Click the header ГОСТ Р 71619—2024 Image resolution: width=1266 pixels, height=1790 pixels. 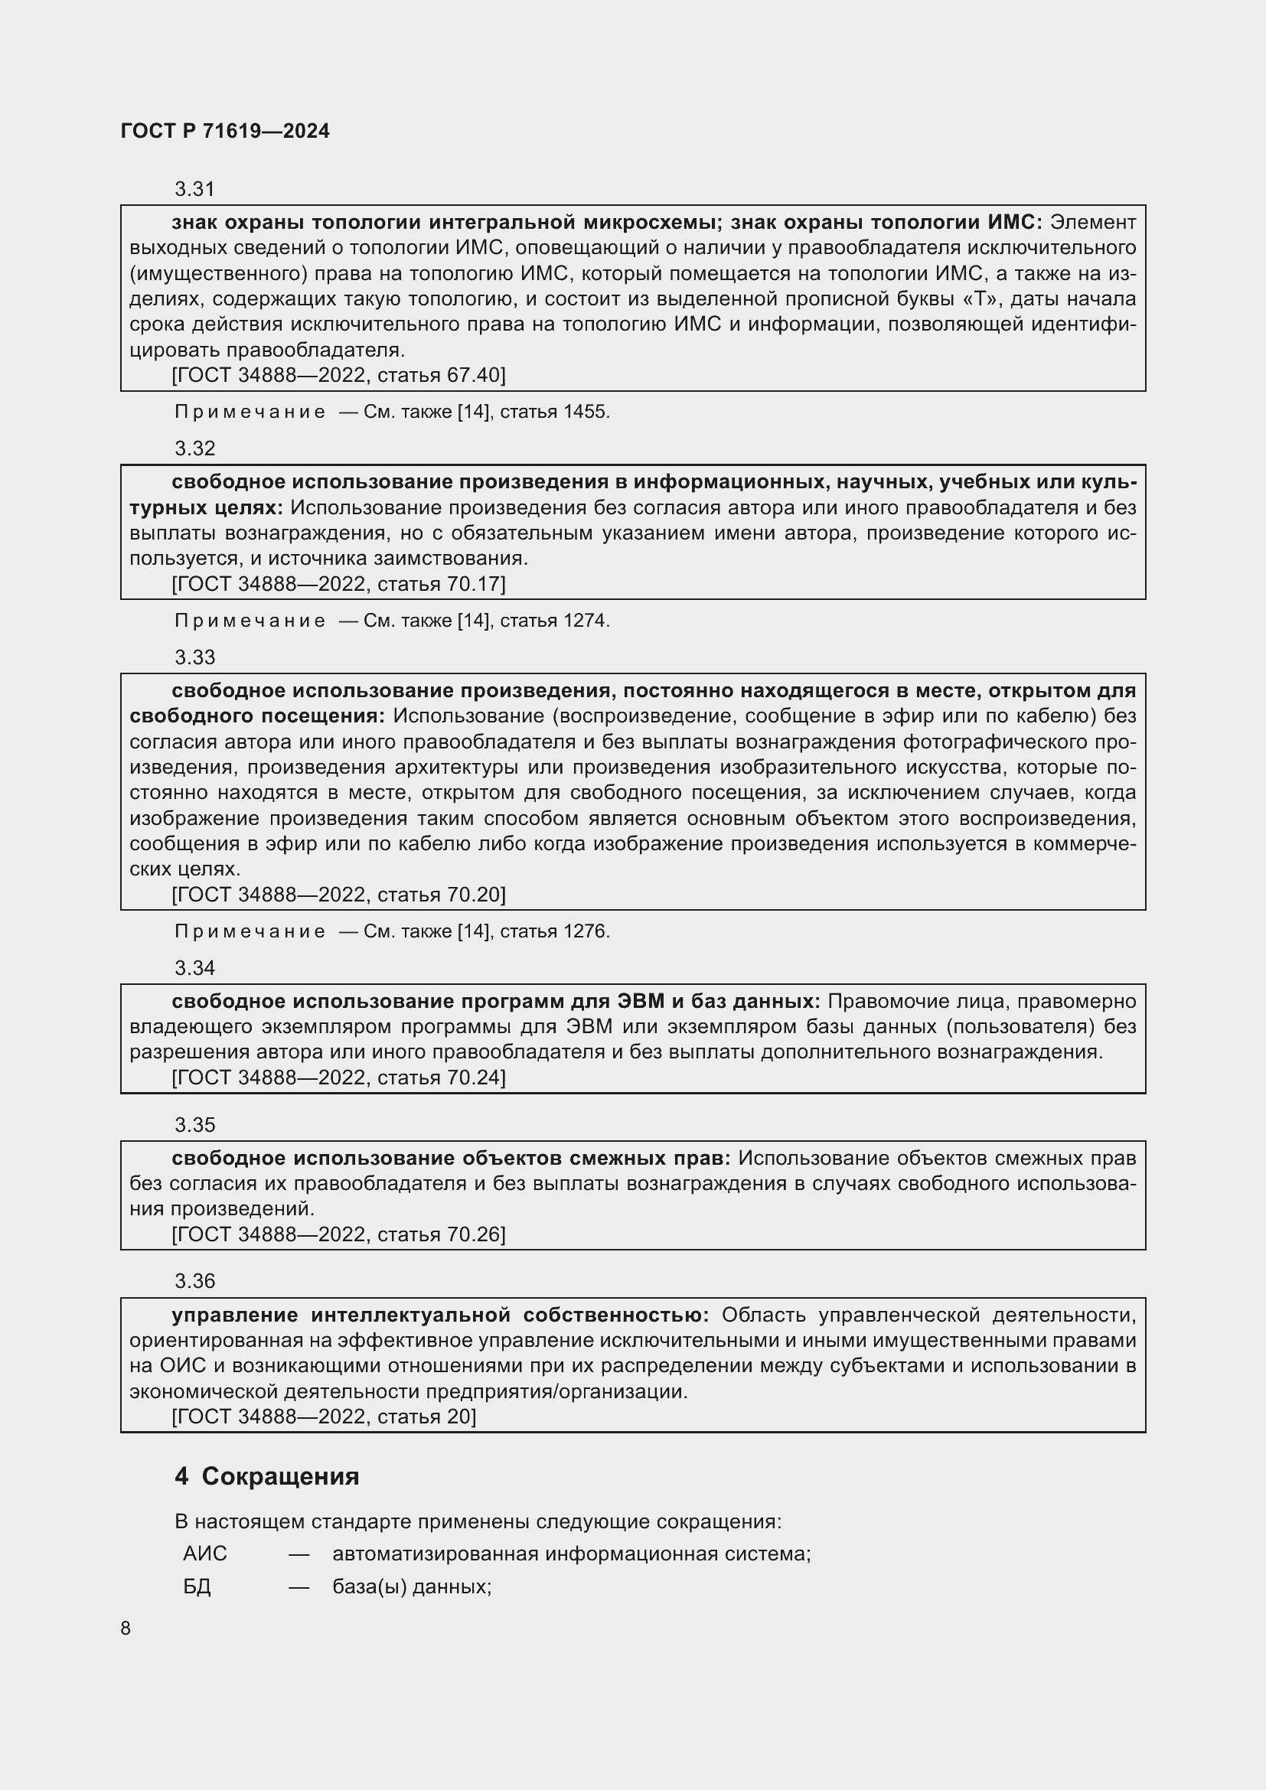pos(224,131)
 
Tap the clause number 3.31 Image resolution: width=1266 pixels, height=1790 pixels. pos(194,190)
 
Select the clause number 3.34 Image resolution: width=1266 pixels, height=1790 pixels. pos(194,968)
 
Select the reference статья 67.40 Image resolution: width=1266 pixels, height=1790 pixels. pos(441,375)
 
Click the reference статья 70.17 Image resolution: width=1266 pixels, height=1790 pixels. pos(441,584)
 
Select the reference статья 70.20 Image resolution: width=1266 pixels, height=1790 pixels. pos(441,895)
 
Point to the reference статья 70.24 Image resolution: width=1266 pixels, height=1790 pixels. pos(441,1078)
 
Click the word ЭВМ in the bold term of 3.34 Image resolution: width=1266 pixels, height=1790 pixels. pos(640,1001)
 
